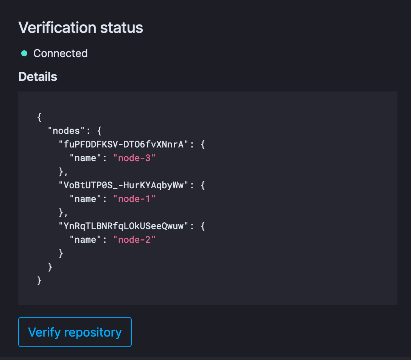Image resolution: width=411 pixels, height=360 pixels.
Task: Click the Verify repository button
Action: point(75,332)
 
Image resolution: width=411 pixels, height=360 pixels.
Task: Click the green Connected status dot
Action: point(24,53)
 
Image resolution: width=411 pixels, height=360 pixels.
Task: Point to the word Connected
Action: point(61,53)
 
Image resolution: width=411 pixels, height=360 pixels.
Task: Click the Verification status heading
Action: point(81,28)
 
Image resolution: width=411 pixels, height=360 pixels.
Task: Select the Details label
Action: point(37,77)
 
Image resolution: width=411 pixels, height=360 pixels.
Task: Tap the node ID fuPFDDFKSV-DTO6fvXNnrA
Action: point(124,144)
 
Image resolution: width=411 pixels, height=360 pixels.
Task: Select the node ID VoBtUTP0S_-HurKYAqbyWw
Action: point(124,185)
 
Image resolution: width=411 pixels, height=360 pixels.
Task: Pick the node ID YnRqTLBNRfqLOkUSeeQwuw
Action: point(124,226)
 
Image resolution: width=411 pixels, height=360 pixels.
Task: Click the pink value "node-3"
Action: point(134,158)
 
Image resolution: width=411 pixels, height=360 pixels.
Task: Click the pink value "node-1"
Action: point(134,199)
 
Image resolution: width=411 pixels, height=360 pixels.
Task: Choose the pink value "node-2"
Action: point(134,240)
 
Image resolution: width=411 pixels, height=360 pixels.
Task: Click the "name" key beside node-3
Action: point(86,158)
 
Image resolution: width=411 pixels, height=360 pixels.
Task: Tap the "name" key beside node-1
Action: point(86,199)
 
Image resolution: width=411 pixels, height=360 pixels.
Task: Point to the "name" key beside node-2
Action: point(86,240)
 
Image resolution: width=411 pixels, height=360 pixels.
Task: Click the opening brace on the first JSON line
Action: point(39,117)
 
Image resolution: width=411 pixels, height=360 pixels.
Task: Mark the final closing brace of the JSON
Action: point(39,281)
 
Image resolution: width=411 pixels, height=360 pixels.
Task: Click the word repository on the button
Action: point(93,332)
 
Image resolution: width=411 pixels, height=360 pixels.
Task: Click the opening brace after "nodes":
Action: point(99,131)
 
